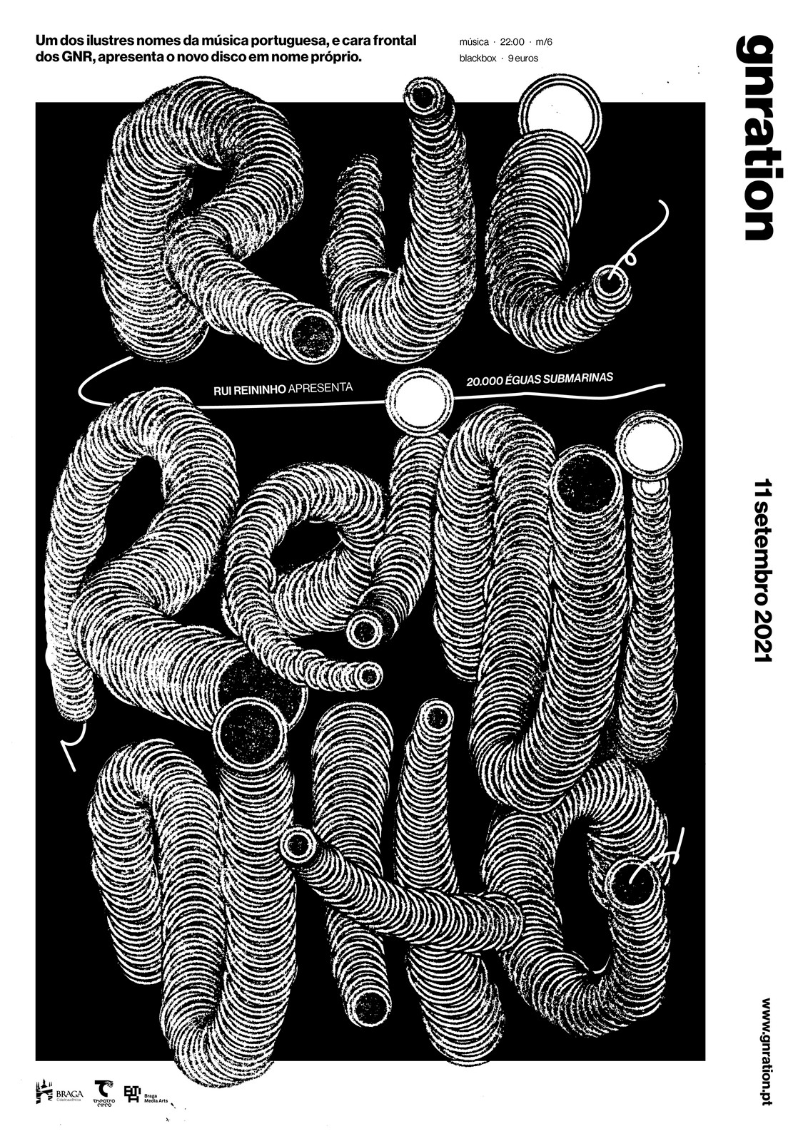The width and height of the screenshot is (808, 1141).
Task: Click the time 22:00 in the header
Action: click(512, 42)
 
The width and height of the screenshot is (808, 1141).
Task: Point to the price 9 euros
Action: click(523, 58)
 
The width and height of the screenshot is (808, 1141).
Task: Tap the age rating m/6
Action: click(544, 42)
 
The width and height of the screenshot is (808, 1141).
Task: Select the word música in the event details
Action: click(474, 42)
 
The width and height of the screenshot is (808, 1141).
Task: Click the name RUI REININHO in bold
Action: click(250, 390)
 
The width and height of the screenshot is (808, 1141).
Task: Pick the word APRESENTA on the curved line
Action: click(321, 388)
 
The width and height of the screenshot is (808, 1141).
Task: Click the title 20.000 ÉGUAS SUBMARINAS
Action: click(539, 379)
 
